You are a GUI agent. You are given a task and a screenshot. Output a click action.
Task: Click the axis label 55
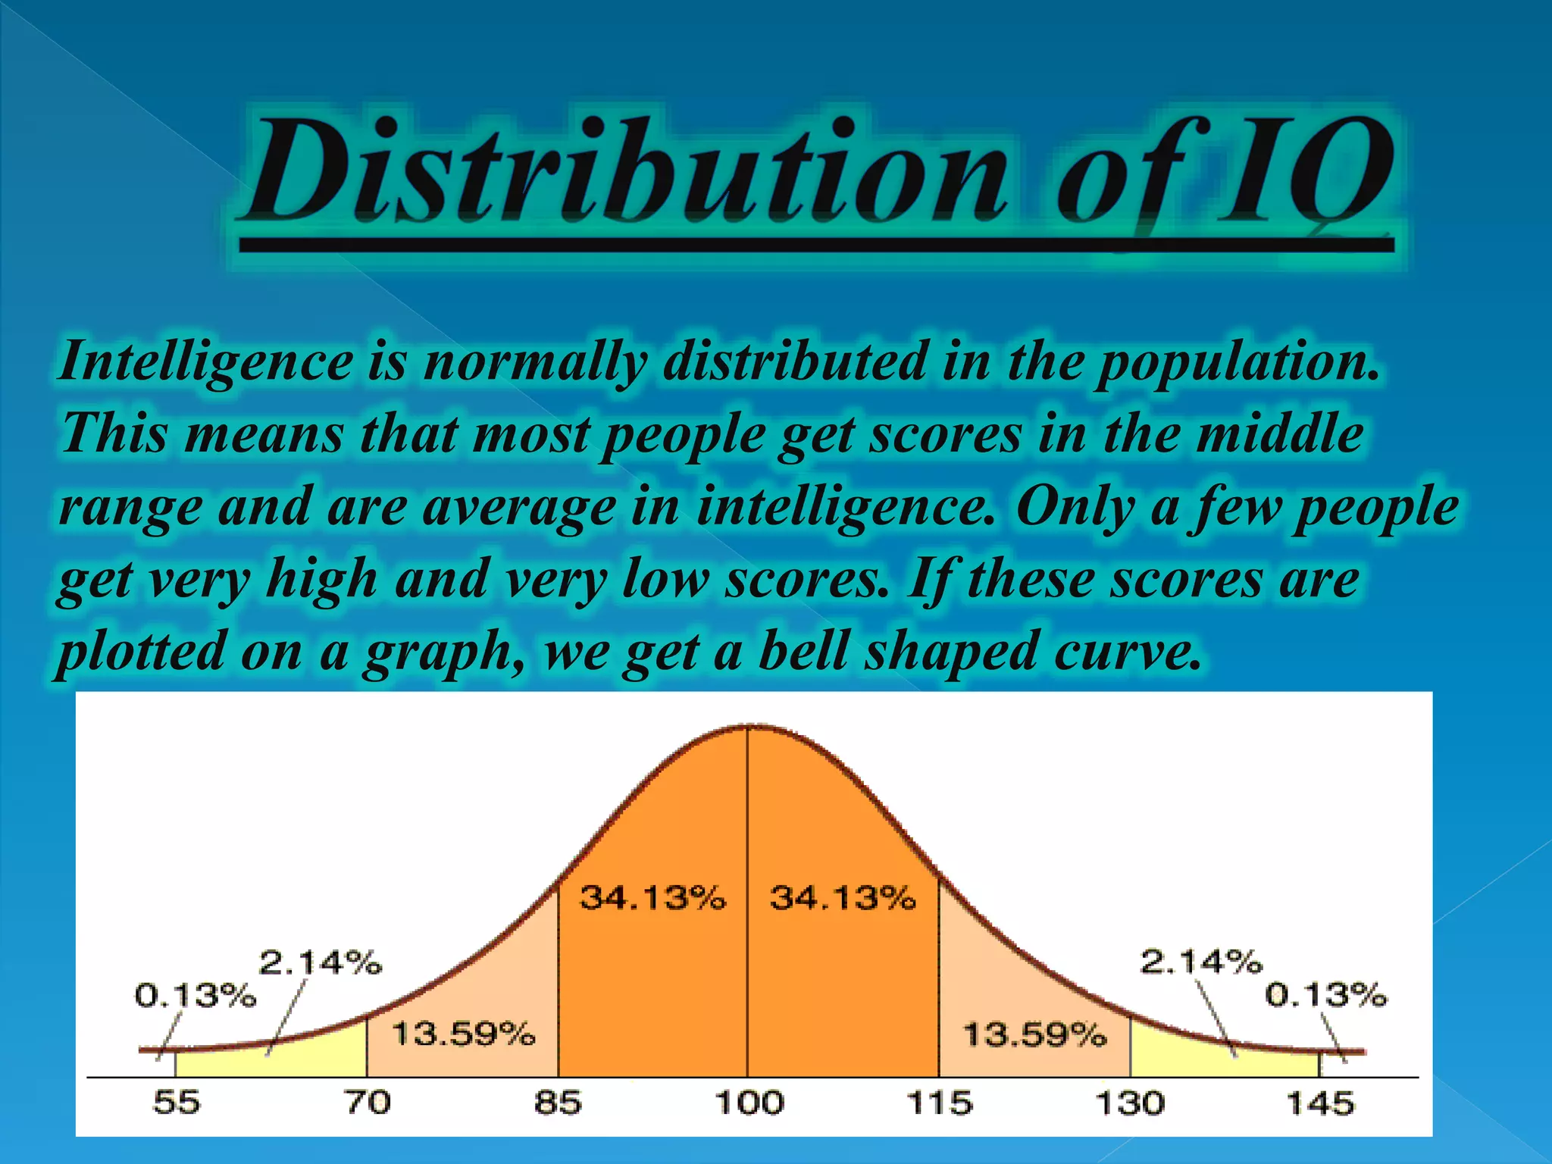tap(177, 1102)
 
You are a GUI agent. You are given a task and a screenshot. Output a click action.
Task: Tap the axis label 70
tap(368, 1102)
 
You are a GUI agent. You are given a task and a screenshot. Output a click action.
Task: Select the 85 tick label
tap(558, 1102)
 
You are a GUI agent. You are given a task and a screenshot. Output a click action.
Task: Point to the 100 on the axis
tap(749, 1102)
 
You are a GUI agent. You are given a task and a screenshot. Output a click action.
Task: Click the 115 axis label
tap(940, 1102)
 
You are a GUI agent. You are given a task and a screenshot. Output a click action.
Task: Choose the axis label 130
tap(1130, 1102)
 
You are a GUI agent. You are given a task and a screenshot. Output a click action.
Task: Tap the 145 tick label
tap(1320, 1102)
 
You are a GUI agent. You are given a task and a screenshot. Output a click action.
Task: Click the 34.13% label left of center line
tap(652, 898)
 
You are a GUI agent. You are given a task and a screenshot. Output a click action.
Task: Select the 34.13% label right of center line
tap(843, 898)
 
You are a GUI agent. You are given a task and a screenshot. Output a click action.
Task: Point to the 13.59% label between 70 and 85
tap(463, 1034)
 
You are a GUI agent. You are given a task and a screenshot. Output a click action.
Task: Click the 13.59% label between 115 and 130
tap(1034, 1034)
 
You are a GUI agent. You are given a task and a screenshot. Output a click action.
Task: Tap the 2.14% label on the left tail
tap(321, 962)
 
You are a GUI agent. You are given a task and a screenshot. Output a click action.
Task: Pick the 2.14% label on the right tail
tap(1201, 962)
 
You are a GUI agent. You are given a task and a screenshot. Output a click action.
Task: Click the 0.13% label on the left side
tap(196, 995)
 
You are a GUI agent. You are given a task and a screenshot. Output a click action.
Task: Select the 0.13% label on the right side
tap(1325, 994)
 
